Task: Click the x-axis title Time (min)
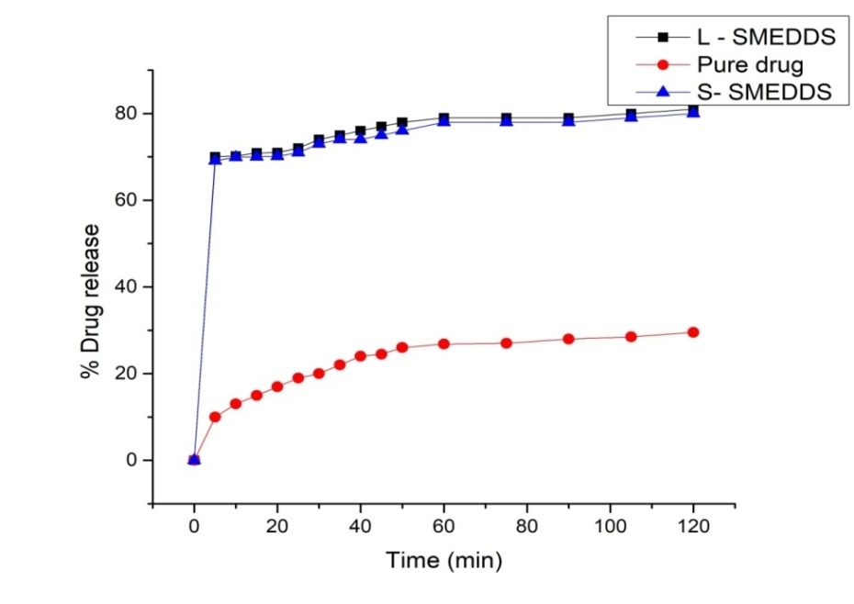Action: [x=444, y=560]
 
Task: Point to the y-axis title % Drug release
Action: [x=87, y=286]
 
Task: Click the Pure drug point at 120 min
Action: [x=693, y=332]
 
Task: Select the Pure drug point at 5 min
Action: [x=215, y=417]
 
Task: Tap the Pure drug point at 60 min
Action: [x=444, y=344]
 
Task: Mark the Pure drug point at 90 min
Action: [x=568, y=339]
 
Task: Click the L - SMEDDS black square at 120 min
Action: [x=693, y=110]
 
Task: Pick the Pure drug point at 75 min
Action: [x=506, y=343]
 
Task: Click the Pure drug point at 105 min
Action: [x=631, y=337]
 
